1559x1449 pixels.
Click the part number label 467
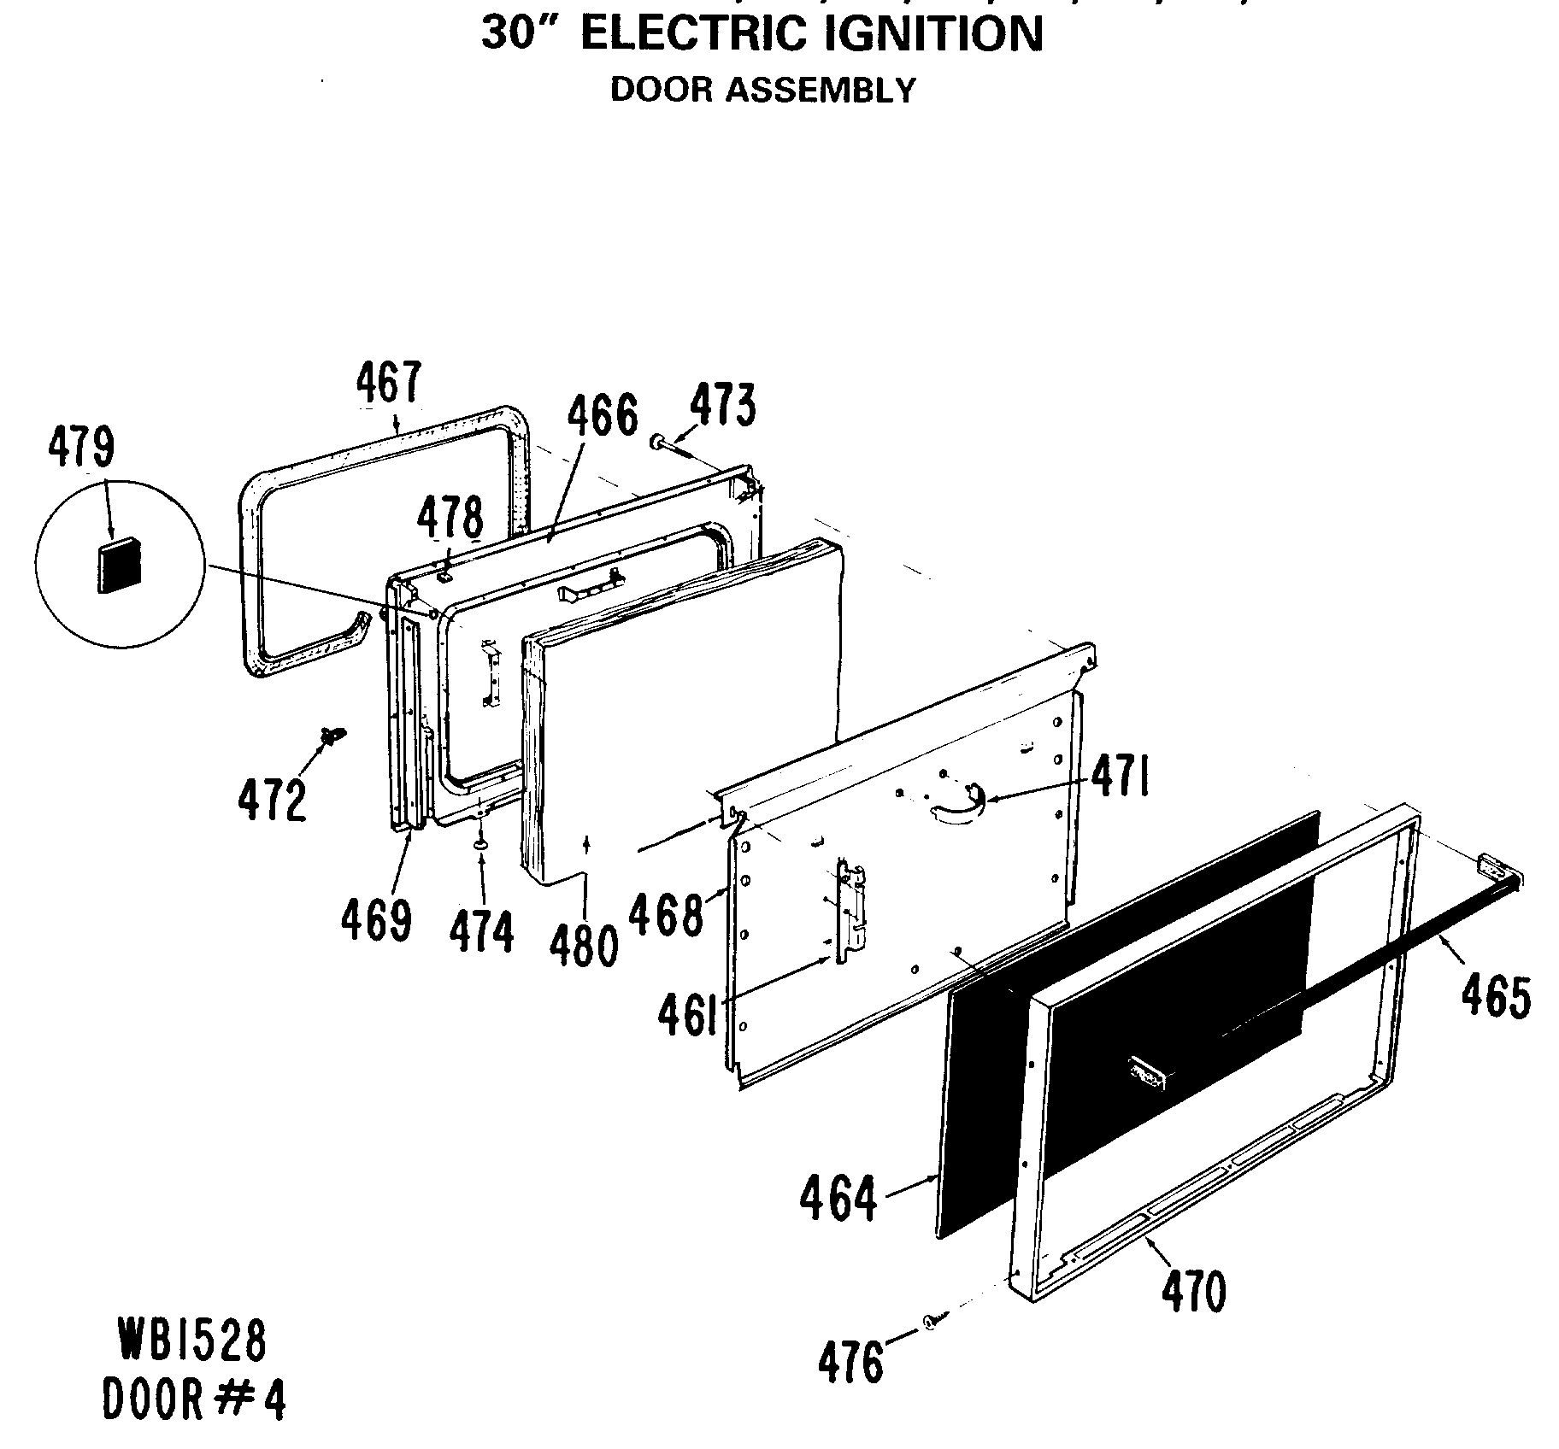coord(388,382)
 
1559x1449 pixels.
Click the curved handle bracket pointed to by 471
coord(956,807)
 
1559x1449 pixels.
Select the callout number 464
coord(838,1199)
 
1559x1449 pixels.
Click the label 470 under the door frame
coord(1193,1291)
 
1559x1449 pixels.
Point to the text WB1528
coord(192,1340)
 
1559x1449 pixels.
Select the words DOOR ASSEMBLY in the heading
coord(762,90)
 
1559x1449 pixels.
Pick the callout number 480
coord(585,946)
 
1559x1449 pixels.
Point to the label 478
coord(450,519)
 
